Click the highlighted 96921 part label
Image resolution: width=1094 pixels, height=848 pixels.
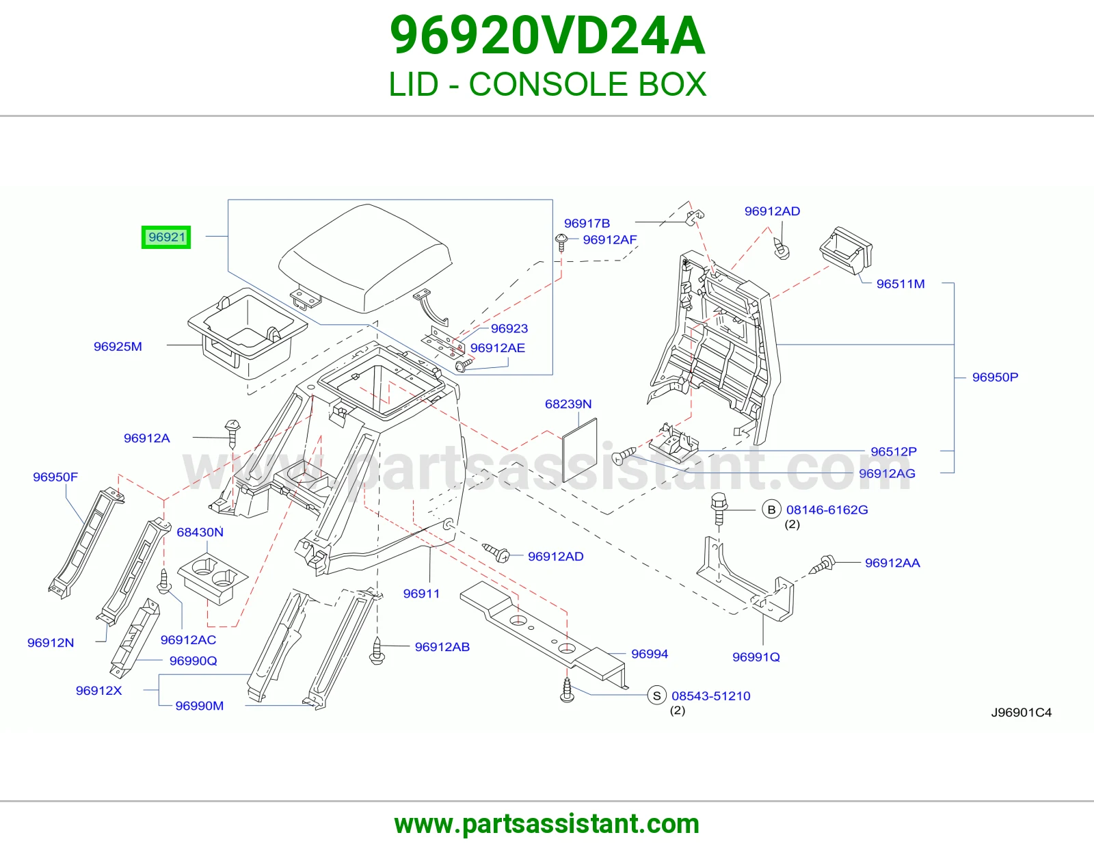(165, 237)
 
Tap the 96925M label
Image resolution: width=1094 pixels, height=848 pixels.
(118, 347)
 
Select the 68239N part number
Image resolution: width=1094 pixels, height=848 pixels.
(568, 404)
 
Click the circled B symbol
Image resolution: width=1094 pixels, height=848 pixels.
(771, 509)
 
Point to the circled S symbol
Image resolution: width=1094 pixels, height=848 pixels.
(656, 696)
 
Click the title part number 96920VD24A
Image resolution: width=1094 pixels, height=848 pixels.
(547, 36)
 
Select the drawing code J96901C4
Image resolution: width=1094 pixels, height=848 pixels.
(1021, 713)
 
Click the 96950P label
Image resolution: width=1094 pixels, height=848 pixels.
(995, 377)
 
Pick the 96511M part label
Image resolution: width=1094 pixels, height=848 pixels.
(900, 284)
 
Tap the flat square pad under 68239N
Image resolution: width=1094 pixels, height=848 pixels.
(579, 450)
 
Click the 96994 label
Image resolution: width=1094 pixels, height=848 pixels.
(650, 654)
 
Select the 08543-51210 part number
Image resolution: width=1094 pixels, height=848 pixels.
(711, 696)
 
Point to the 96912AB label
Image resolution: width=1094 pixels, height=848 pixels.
(442, 647)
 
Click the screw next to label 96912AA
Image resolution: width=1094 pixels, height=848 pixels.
(822, 564)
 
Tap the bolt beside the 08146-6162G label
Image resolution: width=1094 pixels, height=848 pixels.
(719, 509)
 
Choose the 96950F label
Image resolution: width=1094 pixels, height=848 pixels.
(55, 477)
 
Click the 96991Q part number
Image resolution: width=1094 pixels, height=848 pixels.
(756, 657)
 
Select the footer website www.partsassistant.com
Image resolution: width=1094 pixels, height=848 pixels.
(547, 824)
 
